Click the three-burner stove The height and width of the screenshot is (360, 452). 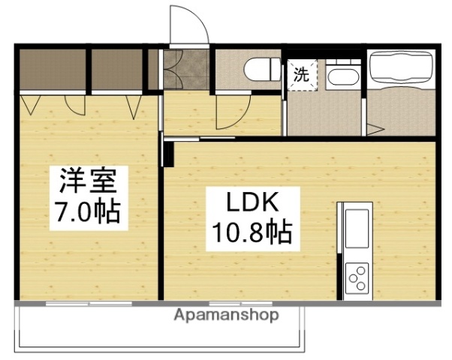click(356, 277)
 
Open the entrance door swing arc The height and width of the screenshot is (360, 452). click(189, 25)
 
